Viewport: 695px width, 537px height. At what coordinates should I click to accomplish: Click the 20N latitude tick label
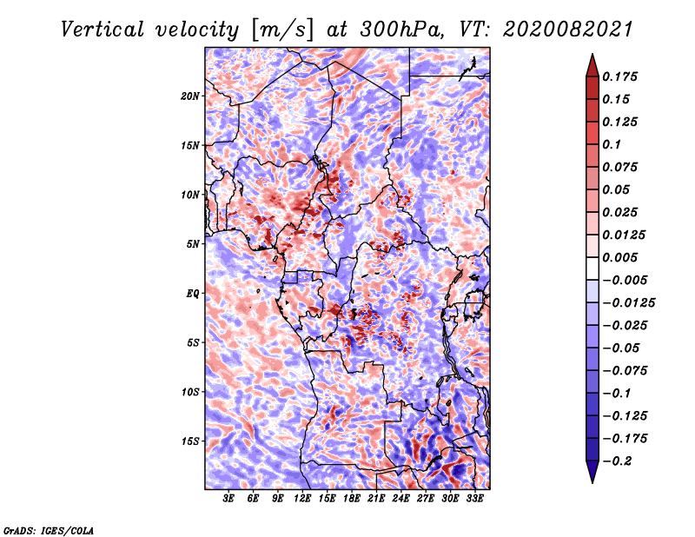[189, 96]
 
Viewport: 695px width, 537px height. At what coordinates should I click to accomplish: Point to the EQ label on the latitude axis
[192, 293]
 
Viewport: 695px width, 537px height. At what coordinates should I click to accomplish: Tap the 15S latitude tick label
[190, 441]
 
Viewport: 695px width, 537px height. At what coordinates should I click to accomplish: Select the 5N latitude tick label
[192, 244]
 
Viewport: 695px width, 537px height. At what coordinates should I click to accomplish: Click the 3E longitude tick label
[228, 498]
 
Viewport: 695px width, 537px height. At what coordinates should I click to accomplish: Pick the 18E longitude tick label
[352, 498]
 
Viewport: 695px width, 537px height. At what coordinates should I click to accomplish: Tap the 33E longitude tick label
[474, 498]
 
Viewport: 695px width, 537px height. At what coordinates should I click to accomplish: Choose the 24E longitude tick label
[400, 498]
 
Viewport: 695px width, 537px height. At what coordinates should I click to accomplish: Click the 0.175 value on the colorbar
[619, 76]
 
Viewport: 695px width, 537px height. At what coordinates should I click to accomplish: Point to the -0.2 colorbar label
[617, 461]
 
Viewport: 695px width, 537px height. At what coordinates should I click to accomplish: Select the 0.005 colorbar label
[619, 257]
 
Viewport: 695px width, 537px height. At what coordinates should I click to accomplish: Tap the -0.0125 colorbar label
[628, 303]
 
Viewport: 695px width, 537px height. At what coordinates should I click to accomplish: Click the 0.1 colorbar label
[612, 144]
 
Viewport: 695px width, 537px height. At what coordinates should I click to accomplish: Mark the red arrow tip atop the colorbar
[592, 54]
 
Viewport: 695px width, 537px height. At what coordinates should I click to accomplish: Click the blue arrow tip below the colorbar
[592, 482]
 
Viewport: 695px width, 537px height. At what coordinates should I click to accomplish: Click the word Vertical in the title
[103, 30]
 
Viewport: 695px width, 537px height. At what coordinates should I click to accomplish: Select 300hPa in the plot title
[401, 30]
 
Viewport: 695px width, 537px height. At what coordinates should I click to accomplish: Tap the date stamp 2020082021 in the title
[567, 30]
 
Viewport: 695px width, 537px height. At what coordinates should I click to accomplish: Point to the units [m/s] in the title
[281, 30]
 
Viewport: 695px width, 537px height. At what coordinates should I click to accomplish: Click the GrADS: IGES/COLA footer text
[49, 530]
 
